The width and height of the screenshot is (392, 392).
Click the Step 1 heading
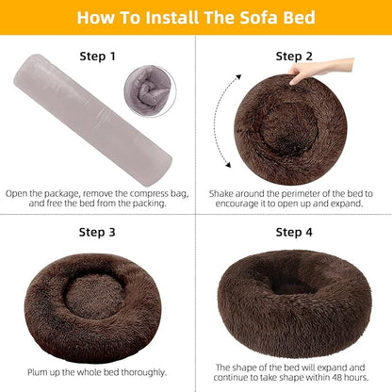97,57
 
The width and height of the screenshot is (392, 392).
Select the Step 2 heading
294,57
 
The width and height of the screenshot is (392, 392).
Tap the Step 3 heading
97,231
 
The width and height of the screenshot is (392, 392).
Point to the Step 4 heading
294,231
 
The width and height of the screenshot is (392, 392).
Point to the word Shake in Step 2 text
221,192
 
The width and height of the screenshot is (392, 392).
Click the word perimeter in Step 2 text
297,192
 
